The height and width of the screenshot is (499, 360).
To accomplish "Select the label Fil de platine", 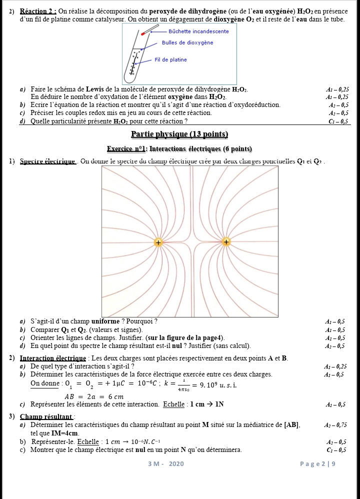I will (x=171, y=60).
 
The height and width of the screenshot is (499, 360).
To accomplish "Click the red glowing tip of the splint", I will (x=143, y=33).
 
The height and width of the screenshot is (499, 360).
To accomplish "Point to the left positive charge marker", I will (x=158, y=242).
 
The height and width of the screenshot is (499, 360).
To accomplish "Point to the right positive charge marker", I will (x=226, y=242).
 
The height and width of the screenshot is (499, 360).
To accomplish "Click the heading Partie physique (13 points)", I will (x=179, y=134).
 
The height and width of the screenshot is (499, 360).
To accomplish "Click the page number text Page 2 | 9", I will (x=317, y=463).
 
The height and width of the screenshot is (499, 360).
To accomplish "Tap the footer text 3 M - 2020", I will (x=166, y=463).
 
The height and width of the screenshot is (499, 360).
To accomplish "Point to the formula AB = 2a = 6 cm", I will (x=87, y=396).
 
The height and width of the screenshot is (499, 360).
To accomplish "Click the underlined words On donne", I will (x=44, y=383).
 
